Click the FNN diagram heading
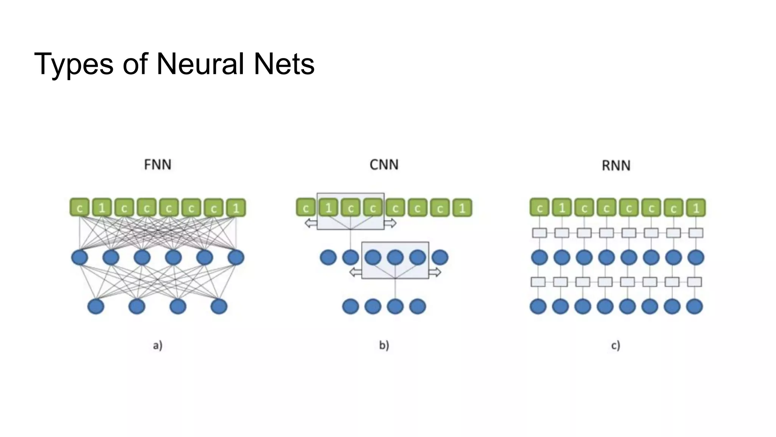(158, 165)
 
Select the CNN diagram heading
(384, 165)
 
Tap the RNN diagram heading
(616, 165)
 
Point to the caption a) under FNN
(158, 345)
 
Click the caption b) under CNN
(384, 345)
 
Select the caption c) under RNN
(615, 345)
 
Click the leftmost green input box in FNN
(80, 207)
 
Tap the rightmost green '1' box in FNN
(236, 207)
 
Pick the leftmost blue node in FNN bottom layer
(96, 306)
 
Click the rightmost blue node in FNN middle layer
(236, 257)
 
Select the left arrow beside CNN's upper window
(311, 223)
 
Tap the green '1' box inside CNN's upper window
(328, 207)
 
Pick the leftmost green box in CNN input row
(305, 207)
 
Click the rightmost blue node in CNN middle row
(440, 257)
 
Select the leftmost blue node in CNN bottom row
(350, 306)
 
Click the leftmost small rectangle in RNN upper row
(539, 233)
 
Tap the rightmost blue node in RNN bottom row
(695, 306)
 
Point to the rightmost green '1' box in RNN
(696, 207)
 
